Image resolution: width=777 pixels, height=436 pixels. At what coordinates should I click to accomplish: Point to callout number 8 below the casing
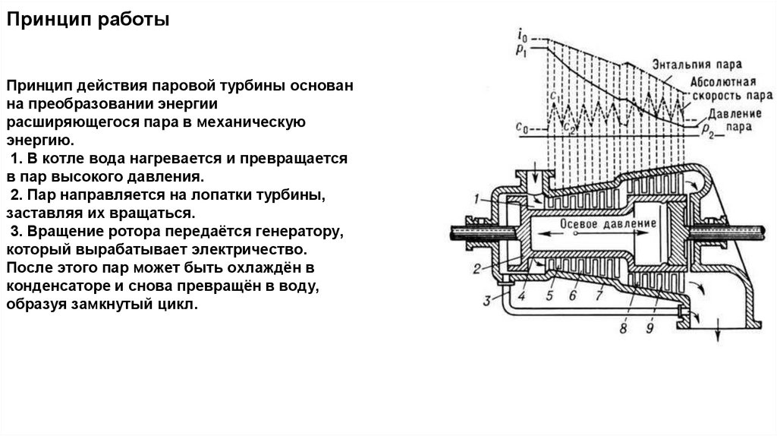623,329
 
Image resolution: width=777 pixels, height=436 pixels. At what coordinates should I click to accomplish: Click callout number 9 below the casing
650,329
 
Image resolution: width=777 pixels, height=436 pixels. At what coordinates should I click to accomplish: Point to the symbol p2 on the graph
707,134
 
